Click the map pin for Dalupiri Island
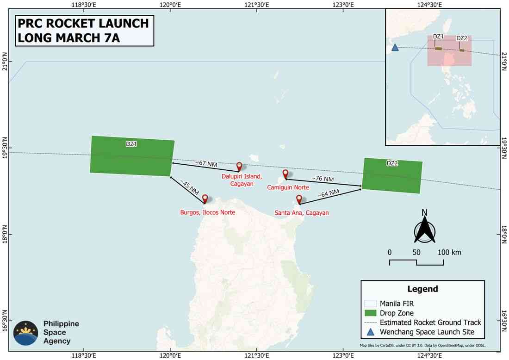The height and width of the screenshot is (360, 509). click(239, 167)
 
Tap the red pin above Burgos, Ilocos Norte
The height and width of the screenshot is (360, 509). click(205, 199)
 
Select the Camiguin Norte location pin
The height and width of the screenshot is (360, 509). click(286, 174)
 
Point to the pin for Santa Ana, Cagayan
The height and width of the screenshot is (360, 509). click(299, 199)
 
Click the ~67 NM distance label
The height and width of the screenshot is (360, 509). click(205, 163)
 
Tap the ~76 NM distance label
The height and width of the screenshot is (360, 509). click(323, 178)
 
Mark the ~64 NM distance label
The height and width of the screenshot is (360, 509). click(328, 194)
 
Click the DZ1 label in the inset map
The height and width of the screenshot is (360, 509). click(438, 37)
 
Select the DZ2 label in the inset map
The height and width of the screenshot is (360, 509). click(461, 38)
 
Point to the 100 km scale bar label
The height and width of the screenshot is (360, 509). click(449, 253)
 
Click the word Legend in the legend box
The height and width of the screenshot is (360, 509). click(422, 289)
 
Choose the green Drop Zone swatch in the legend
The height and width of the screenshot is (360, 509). click(371, 313)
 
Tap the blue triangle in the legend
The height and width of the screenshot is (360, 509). click(371, 332)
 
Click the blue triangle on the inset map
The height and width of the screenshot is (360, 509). click(395, 47)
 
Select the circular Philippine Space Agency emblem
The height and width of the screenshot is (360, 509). click(26, 333)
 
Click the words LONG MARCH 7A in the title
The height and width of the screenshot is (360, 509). click(68, 37)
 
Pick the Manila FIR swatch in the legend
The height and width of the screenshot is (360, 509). click(371, 304)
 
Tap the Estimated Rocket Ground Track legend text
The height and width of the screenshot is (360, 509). click(430, 323)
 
